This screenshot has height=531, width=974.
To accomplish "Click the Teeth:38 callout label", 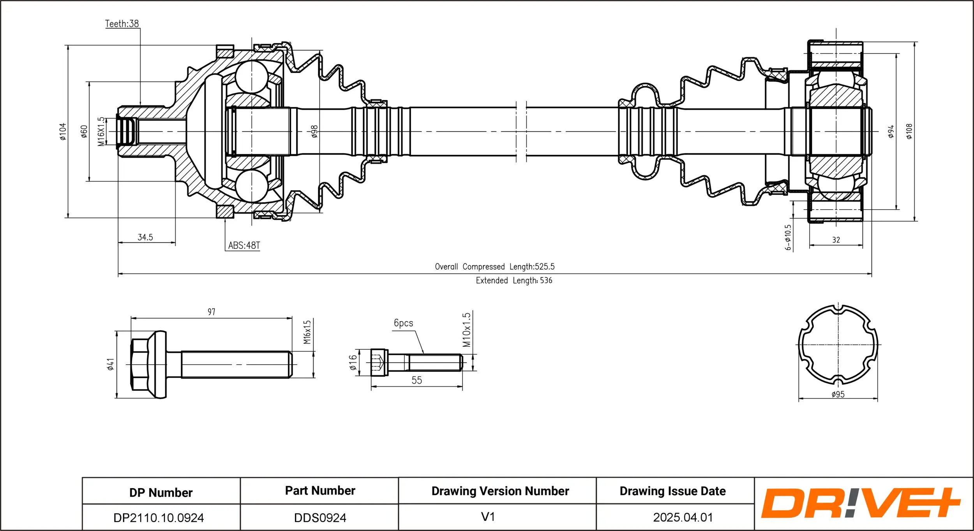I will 122,24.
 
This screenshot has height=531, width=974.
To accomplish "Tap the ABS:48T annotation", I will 244,245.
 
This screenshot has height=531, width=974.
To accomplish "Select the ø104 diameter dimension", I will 63,132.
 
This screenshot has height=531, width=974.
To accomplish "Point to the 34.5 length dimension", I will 145,237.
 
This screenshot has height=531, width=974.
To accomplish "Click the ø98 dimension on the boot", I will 314,132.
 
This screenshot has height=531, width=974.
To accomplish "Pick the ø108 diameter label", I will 909,132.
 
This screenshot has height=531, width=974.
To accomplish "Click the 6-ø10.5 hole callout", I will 788,237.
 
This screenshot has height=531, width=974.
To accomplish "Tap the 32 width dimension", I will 836,240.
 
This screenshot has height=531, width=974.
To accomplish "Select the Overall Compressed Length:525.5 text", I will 494,267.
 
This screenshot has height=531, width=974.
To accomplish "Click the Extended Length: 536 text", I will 514,280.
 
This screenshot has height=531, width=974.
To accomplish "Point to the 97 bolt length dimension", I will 211,312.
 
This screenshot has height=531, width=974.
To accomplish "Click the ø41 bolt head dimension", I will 111,364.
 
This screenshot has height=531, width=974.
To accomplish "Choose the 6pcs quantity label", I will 403,323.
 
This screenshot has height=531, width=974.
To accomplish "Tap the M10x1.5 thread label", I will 466,330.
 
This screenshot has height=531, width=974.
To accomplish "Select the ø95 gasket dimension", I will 838,394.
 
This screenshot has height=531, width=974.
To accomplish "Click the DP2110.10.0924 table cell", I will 159,518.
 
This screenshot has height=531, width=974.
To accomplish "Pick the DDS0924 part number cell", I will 320,518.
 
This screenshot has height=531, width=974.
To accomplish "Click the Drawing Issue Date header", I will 672,491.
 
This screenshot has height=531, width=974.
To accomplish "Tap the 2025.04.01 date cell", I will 683,517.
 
